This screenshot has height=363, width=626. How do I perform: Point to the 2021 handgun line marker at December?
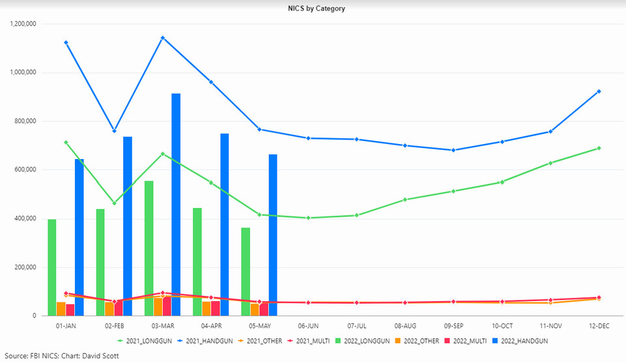(x=599, y=91)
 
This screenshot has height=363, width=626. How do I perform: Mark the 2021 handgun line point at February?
(x=115, y=131)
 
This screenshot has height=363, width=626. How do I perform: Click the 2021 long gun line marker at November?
(x=550, y=163)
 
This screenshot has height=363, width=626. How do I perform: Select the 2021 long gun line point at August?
(x=405, y=199)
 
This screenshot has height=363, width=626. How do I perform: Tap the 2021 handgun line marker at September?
(x=453, y=150)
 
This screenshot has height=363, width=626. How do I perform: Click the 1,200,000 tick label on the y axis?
(x=23, y=24)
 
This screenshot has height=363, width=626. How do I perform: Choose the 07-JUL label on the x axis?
(x=357, y=325)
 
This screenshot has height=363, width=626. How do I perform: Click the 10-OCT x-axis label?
(x=502, y=325)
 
